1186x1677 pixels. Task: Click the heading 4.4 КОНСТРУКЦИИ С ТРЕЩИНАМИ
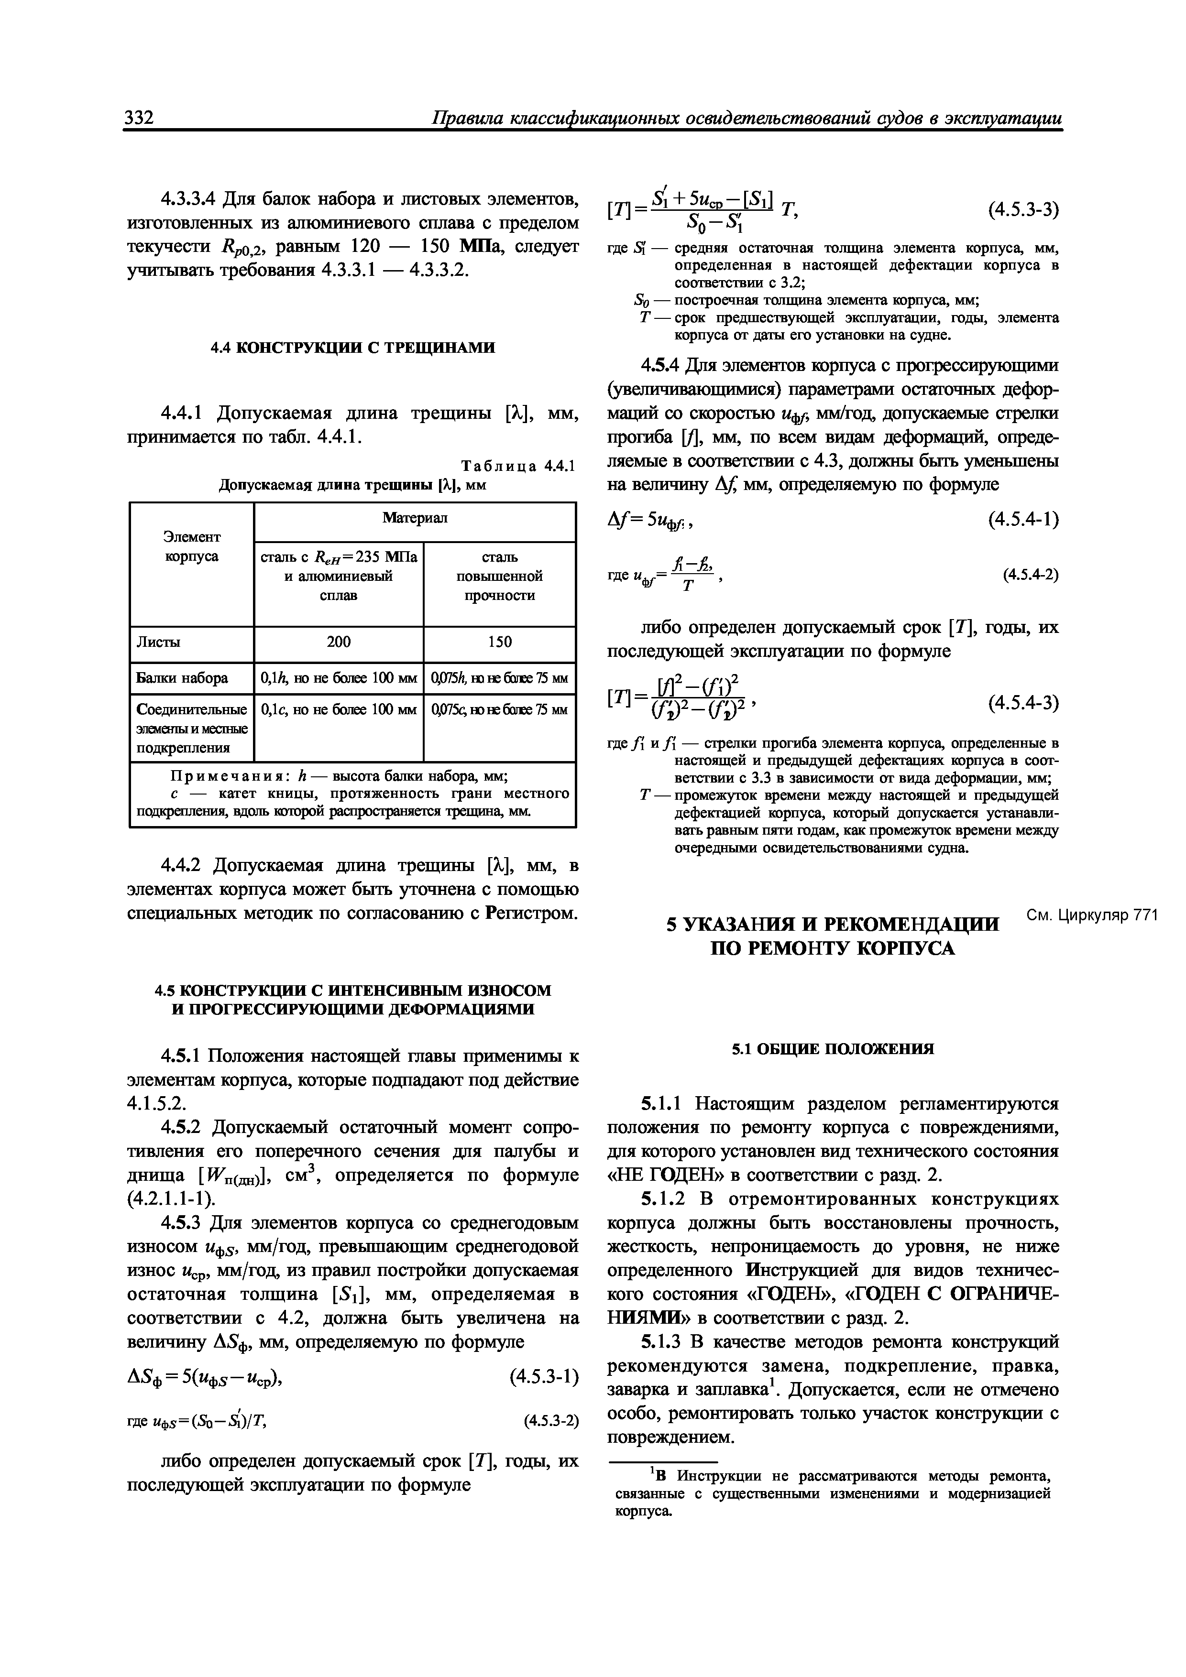pos(352,348)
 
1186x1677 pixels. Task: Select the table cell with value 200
pos(338,641)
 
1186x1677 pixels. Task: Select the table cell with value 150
pos(500,641)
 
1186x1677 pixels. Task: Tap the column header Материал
pos(414,518)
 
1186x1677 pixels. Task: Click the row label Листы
pos(159,641)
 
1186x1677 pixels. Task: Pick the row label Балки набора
pos(182,678)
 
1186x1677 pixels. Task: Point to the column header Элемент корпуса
pos(191,546)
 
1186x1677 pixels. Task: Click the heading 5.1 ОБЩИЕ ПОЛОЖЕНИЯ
pos(833,1049)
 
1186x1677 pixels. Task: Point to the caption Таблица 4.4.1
pos(518,466)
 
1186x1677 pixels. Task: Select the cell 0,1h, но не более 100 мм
pos(338,678)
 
